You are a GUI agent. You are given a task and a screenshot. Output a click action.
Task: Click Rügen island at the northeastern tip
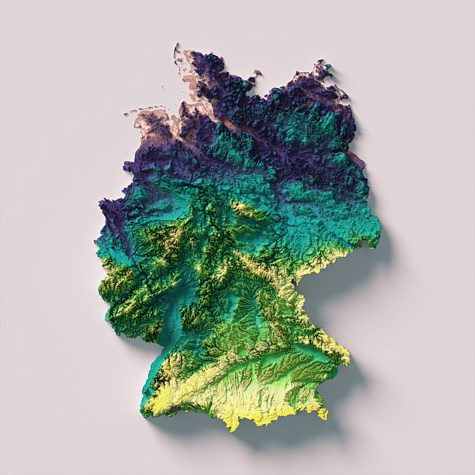[x=321, y=71]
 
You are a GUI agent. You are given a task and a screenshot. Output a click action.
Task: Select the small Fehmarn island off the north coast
[x=254, y=74]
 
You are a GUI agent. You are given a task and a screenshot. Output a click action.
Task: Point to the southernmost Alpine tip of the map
[x=232, y=429]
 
